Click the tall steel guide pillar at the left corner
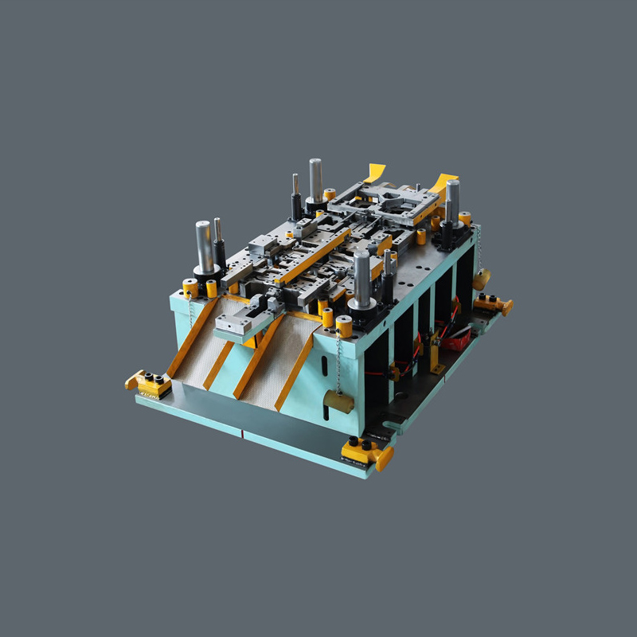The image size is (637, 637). [x=205, y=246]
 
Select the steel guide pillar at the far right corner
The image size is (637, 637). [x=452, y=202]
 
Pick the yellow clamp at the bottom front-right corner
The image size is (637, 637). [x=368, y=451]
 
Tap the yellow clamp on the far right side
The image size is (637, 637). [x=494, y=303]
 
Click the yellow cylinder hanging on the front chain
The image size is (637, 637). [x=338, y=401]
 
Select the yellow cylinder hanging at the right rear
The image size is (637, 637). [x=480, y=279]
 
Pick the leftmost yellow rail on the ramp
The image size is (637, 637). [x=191, y=338]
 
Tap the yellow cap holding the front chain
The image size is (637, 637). [x=344, y=326]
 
